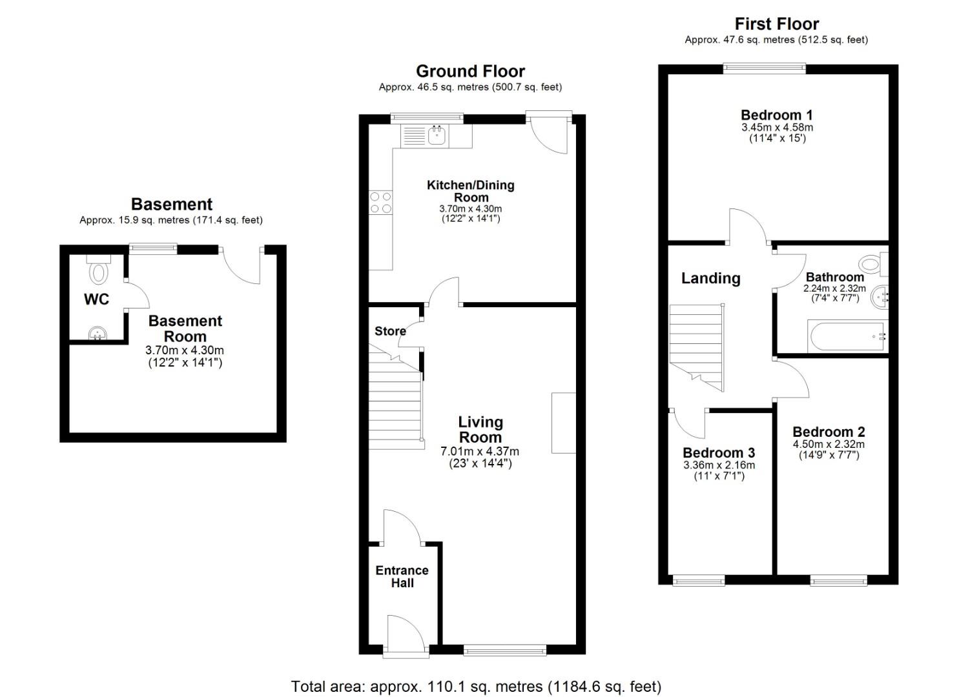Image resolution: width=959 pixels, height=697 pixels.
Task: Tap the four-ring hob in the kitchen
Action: click(x=380, y=202)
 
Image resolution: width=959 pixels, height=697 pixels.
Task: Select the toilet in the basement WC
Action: click(x=99, y=271)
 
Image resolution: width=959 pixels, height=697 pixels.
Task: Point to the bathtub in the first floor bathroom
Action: click(x=847, y=336)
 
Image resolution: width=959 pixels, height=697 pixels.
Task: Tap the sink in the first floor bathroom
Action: click(x=880, y=298)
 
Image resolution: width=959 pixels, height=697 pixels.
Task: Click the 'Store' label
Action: click(x=390, y=331)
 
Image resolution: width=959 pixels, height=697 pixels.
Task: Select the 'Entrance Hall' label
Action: click(x=402, y=576)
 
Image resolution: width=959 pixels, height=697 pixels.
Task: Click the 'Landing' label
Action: click(x=710, y=278)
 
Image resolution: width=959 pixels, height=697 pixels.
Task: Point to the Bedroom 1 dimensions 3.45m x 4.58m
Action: click(x=777, y=128)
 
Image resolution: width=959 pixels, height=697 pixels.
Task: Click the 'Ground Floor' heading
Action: click(x=470, y=71)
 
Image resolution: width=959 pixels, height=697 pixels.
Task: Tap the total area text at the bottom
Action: click(x=476, y=686)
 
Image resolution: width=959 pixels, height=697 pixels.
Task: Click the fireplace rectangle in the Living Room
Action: click(x=563, y=423)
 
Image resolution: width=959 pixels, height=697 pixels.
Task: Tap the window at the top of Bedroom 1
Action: click(x=764, y=66)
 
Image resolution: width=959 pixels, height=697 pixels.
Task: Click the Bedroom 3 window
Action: click(x=698, y=581)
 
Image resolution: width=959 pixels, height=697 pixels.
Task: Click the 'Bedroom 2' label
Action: click(x=828, y=432)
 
